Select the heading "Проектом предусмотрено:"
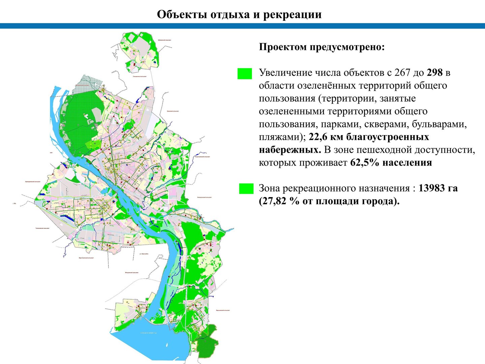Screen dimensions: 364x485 pos(322,47)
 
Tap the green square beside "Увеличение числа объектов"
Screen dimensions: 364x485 pos(245,73)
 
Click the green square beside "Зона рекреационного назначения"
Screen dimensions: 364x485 pos(246,189)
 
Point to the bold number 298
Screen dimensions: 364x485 pos(434,72)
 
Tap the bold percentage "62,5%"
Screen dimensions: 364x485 pos(365,163)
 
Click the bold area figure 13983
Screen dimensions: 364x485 pos(432,188)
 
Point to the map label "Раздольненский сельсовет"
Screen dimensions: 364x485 pos(202,156)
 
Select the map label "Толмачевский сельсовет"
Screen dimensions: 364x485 pos(42,228)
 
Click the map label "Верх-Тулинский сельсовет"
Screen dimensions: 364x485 pos(86,258)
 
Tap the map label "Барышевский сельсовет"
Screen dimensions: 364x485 pos(223,310)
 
